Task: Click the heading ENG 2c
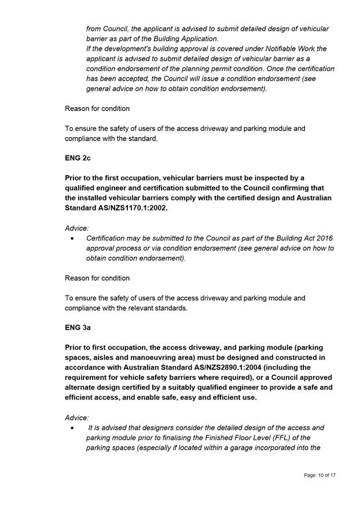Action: pos(78,157)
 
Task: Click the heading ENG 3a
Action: pos(78,327)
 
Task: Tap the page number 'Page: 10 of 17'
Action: pos(319,475)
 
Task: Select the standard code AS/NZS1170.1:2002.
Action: pos(133,208)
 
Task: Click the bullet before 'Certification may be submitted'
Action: pos(71,238)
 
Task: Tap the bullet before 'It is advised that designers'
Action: pos(71,428)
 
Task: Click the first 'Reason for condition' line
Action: pos(97,109)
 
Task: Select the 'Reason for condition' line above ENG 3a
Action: pos(97,278)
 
